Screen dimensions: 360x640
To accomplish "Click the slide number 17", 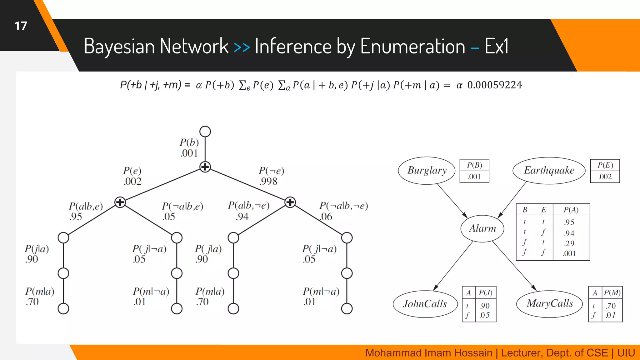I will pyautogui.click(x=21, y=26).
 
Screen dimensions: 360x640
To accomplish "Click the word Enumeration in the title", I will pyautogui.click(x=412, y=47).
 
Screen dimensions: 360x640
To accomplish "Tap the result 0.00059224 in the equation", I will pyautogui.click(x=494, y=85).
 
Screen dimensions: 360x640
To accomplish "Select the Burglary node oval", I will pyautogui.click(x=427, y=171).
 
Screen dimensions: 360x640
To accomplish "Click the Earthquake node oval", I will pyautogui.click(x=549, y=171).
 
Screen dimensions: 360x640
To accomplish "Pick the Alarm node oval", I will pyautogui.click(x=482, y=228).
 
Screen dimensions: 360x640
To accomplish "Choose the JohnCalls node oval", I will pyautogui.click(x=425, y=304).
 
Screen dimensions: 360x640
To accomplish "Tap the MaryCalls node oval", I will pyautogui.click(x=550, y=303).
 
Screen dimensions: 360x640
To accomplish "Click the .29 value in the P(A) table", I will pyautogui.click(x=569, y=243).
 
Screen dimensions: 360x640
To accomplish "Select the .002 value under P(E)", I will pyautogui.click(x=605, y=177).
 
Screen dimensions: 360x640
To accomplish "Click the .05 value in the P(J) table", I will pyautogui.click(x=484, y=315).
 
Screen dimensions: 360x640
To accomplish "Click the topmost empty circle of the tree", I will pyautogui.click(x=205, y=132).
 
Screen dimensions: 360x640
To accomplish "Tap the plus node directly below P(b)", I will pyautogui.click(x=205, y=167).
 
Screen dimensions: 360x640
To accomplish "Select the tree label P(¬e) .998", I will pyautogui.click(x=271, y=176).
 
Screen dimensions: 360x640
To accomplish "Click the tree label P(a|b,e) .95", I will pyautogui.click(x=85, y=211).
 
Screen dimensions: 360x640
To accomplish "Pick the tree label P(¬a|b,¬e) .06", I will pyautogui.click(x=343, y=211).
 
